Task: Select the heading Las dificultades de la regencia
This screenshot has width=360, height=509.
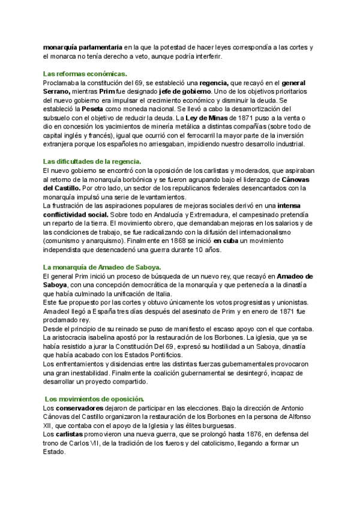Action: coord(92,161)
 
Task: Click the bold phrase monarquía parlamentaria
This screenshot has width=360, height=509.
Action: coord(82,47)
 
